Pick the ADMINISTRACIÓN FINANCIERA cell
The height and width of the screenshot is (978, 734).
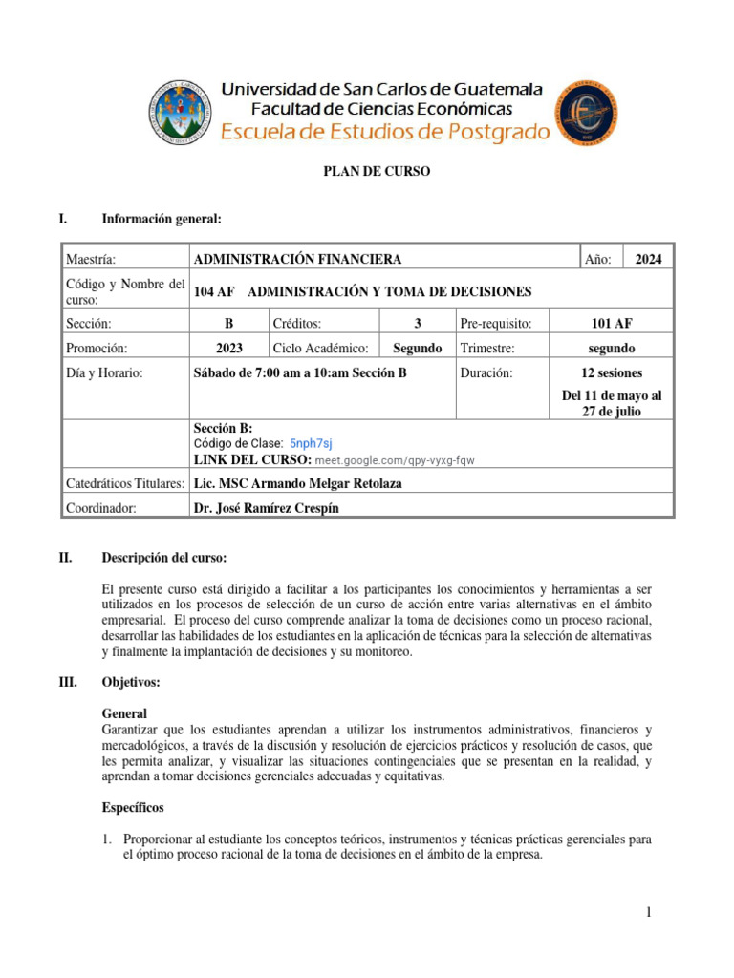pos(297,259)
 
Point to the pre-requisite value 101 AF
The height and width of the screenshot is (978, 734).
pos(612,323)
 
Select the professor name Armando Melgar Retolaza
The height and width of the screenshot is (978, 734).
pos(297,483)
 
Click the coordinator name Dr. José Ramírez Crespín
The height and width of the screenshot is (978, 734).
pos(266,508)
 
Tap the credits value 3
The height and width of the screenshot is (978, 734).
pos(418,323)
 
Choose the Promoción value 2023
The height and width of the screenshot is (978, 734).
pos(228,349)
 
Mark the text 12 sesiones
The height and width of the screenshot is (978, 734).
pos(612,373)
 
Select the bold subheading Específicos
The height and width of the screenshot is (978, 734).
pos(133,807)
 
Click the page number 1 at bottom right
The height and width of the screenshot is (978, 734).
pos(647,914)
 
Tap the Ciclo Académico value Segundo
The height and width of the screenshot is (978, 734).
pos(418,349)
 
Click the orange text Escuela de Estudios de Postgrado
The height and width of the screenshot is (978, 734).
pos(386,132)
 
